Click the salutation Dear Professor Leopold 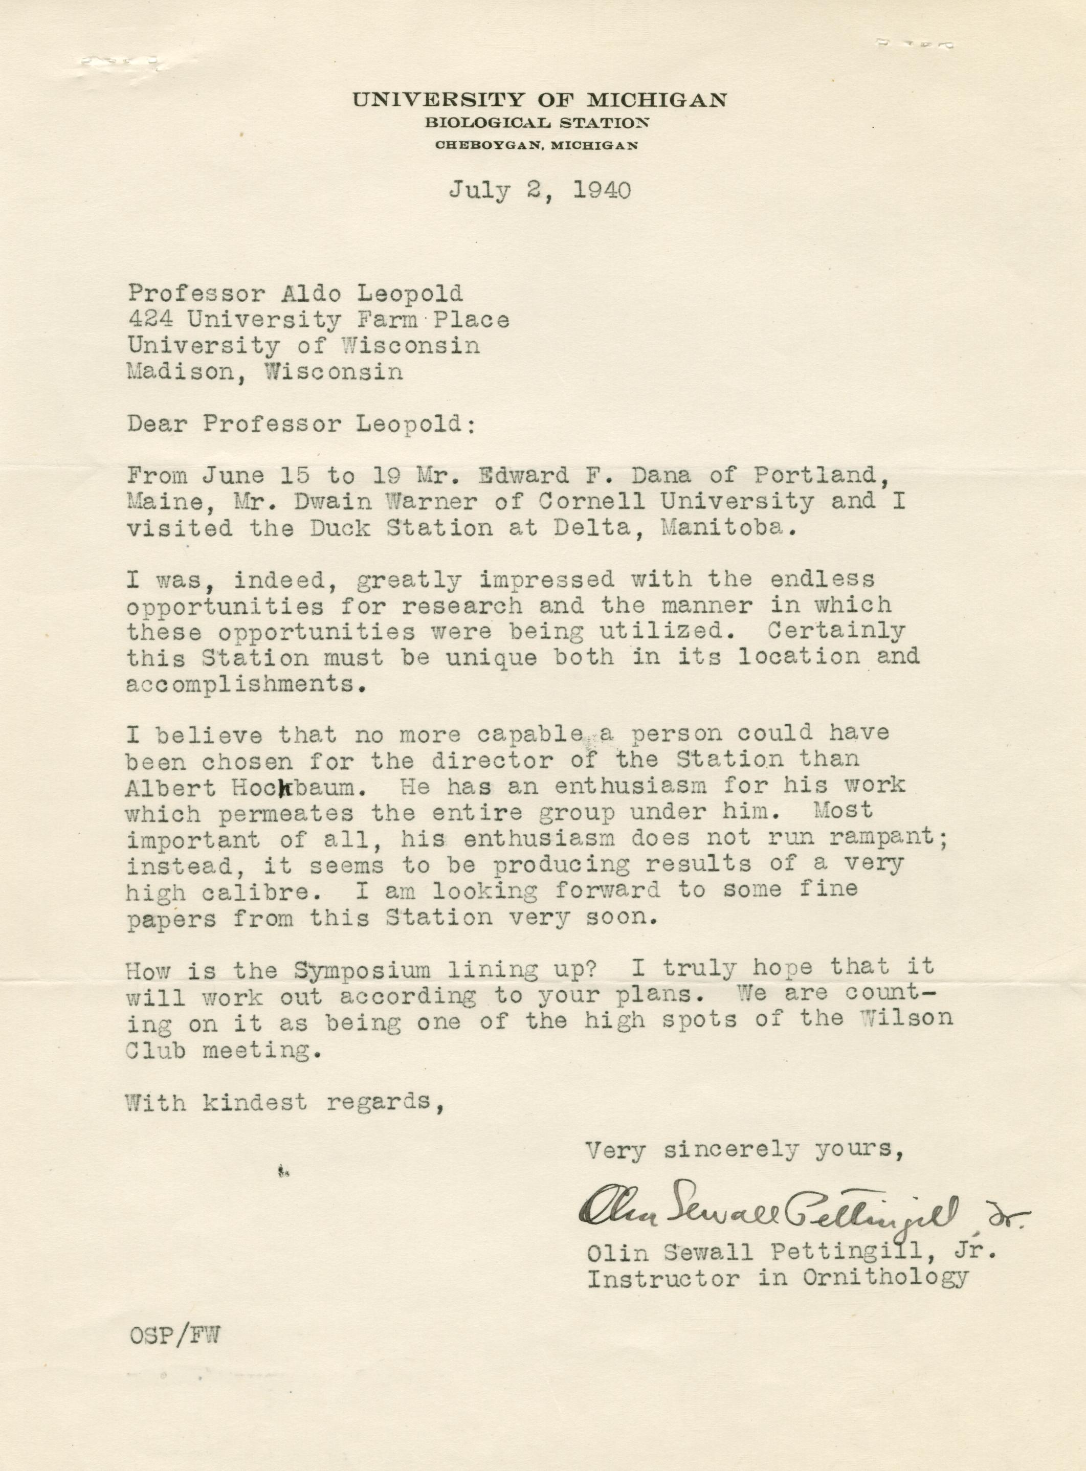tap(300, 424)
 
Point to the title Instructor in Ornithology tap(777, 1278)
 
